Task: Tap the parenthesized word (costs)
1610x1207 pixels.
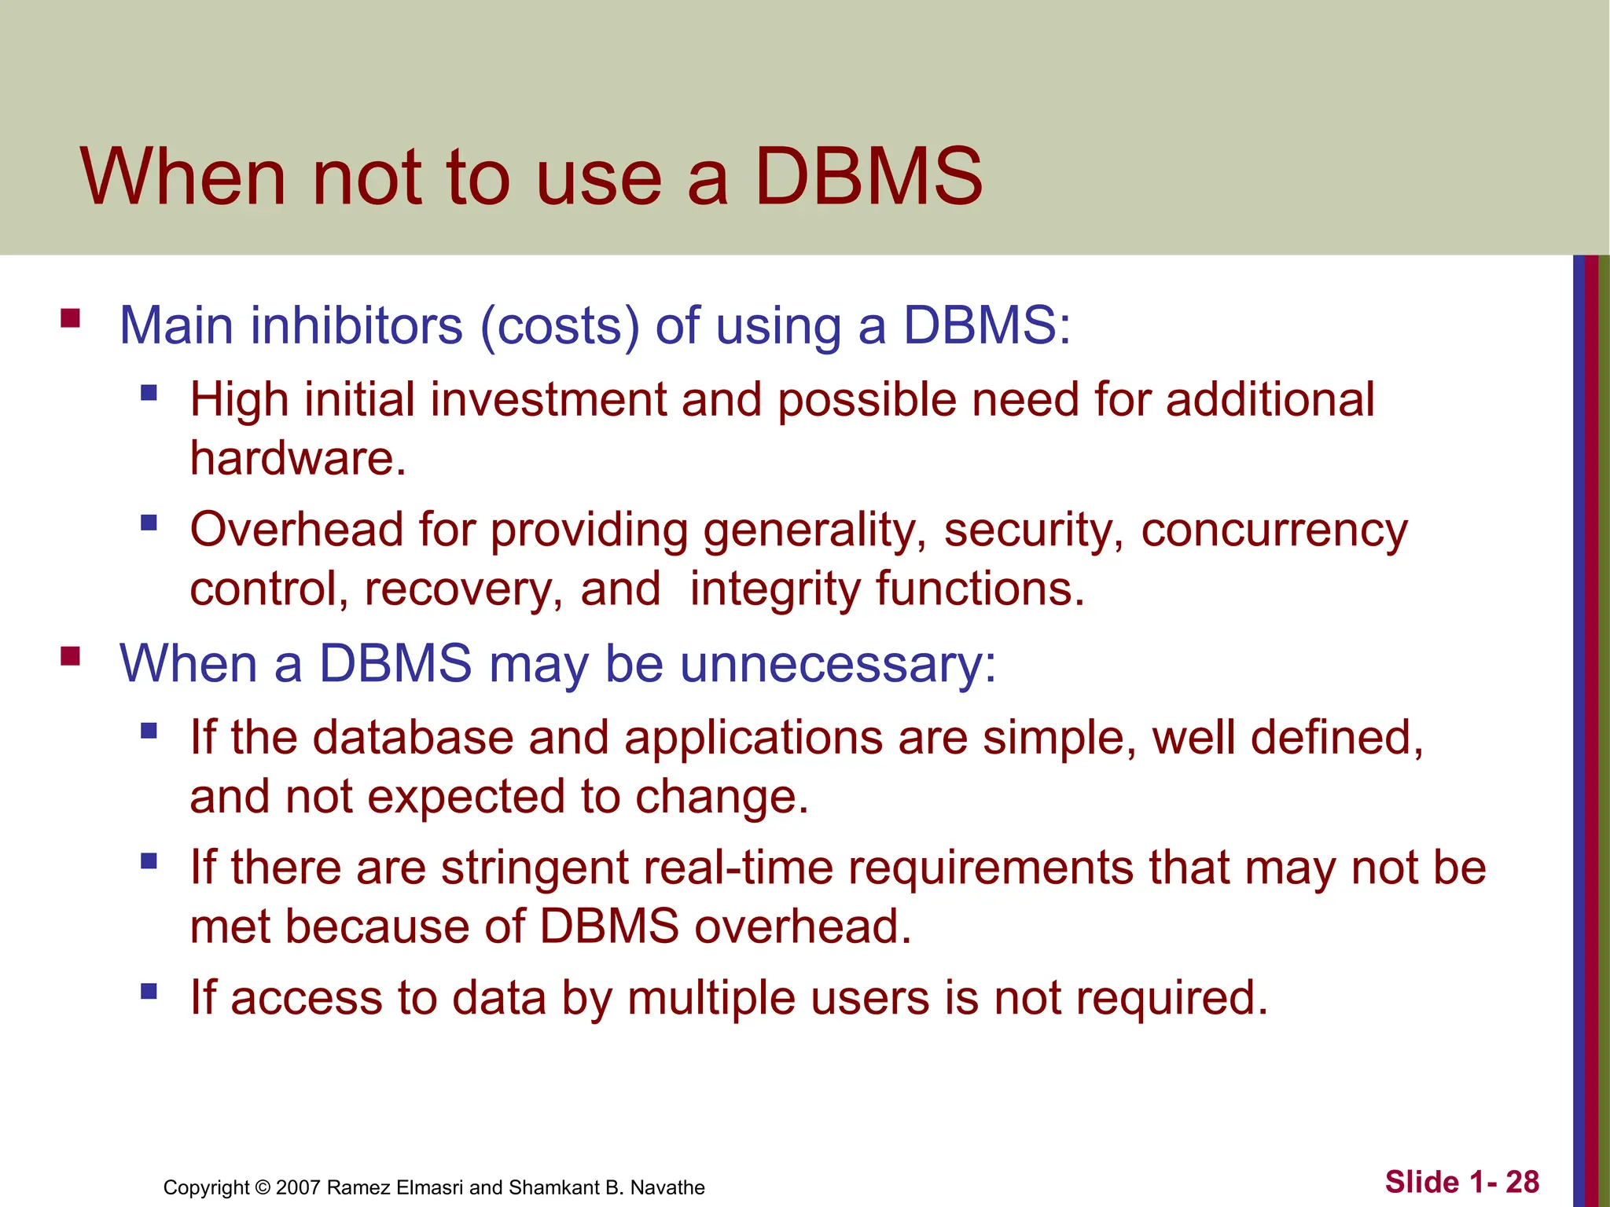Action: (560, 325)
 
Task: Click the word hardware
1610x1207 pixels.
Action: (297, 458)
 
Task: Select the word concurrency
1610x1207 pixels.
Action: (1274, 530)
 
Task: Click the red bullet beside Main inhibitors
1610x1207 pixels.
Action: (71, 319)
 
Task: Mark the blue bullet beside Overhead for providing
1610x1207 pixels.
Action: (149, 523)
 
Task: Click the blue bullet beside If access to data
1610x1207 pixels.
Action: (149, 990)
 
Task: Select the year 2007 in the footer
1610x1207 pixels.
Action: (298, 1187)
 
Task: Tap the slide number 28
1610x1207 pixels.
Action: (1522, 1182)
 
